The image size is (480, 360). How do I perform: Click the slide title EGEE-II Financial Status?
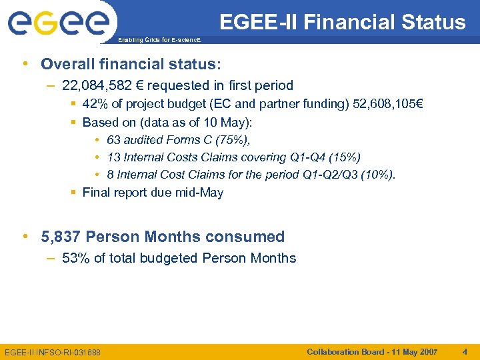point(342,22)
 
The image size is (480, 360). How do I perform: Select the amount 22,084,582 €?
point(103,85)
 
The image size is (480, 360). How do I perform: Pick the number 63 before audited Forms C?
point(113,140)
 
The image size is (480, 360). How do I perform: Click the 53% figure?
point(75,258)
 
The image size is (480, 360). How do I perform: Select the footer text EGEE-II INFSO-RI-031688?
point(53,352)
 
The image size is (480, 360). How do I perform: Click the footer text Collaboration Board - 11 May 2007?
point(372,351)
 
